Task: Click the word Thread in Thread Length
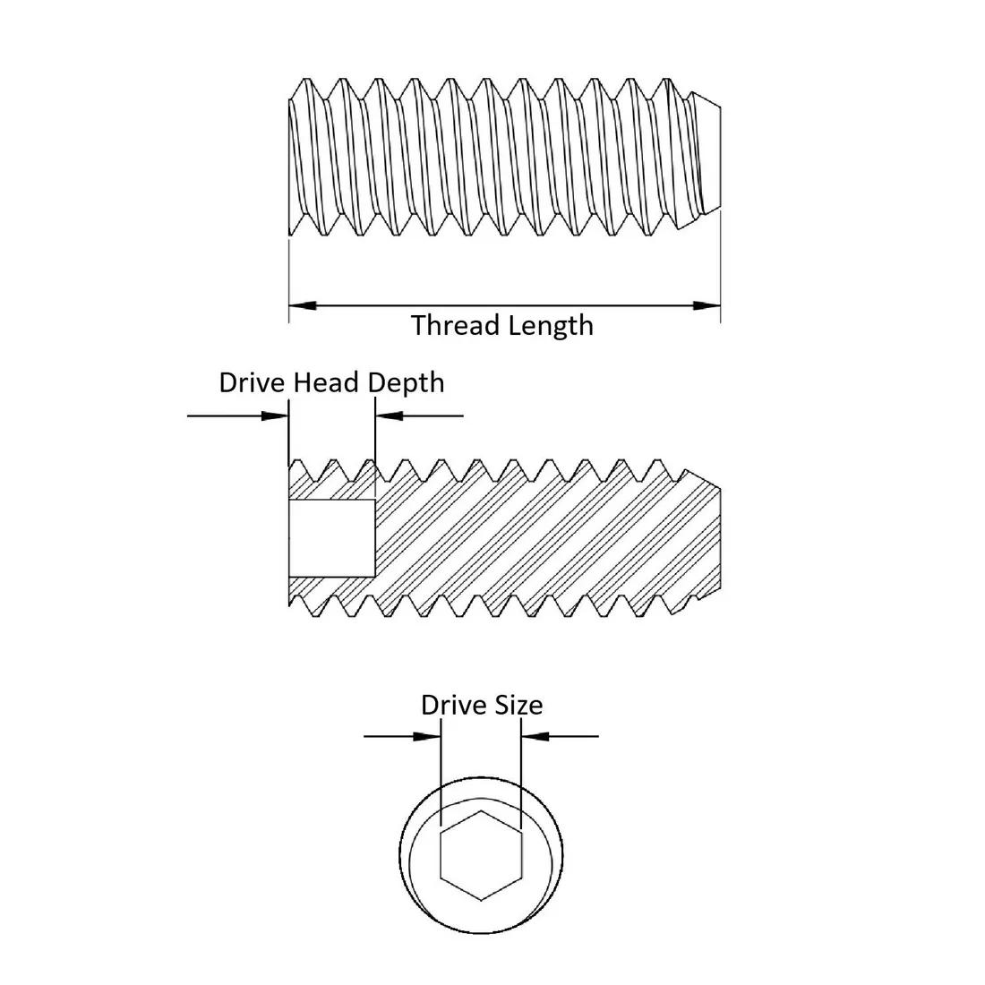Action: click(448, 325)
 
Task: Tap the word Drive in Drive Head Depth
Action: click(252, 383)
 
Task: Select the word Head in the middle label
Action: click(326, 383)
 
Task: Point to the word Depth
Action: click(407, 383)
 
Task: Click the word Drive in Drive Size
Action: click(452, 706)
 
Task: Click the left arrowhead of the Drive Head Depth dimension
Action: click(276, 415)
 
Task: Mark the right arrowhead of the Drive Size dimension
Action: click(534, 737)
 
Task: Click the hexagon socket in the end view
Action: click(481, 855)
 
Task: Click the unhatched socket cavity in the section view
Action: click(331, 538)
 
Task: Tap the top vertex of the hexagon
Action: click(481, 811)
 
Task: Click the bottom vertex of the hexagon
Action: click(481, 899)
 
